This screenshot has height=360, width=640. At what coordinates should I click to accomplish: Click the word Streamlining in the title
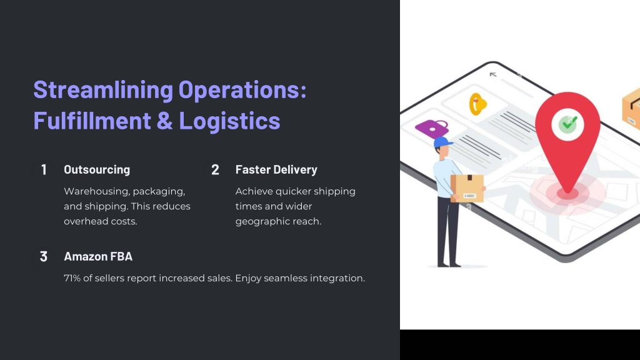point(103,90)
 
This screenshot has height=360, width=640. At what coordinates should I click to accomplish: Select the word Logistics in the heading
point(230,121)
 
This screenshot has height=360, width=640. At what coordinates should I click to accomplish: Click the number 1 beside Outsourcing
point(44,170)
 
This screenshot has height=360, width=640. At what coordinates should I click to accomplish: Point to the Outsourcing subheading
point(97,170)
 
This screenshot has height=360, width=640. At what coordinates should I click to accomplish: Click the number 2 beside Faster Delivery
point(215,170)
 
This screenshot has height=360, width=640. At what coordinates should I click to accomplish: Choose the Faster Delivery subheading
point(276,170)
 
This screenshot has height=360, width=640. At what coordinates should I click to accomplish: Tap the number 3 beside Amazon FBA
point(44,257)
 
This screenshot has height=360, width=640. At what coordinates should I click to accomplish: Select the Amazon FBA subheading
point(98,257)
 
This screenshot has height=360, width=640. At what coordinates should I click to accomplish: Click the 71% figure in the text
point(72,278)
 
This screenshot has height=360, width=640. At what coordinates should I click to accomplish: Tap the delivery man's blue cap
point(443,142)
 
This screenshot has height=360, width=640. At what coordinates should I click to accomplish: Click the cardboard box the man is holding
point(467,188)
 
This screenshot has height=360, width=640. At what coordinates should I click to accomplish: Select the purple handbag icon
point(432,128)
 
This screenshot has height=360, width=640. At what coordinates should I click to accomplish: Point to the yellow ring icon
point(477,104)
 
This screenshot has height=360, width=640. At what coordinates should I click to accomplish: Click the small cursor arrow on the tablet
point(492,75)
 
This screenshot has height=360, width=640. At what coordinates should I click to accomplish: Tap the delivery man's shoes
point(449,264)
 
